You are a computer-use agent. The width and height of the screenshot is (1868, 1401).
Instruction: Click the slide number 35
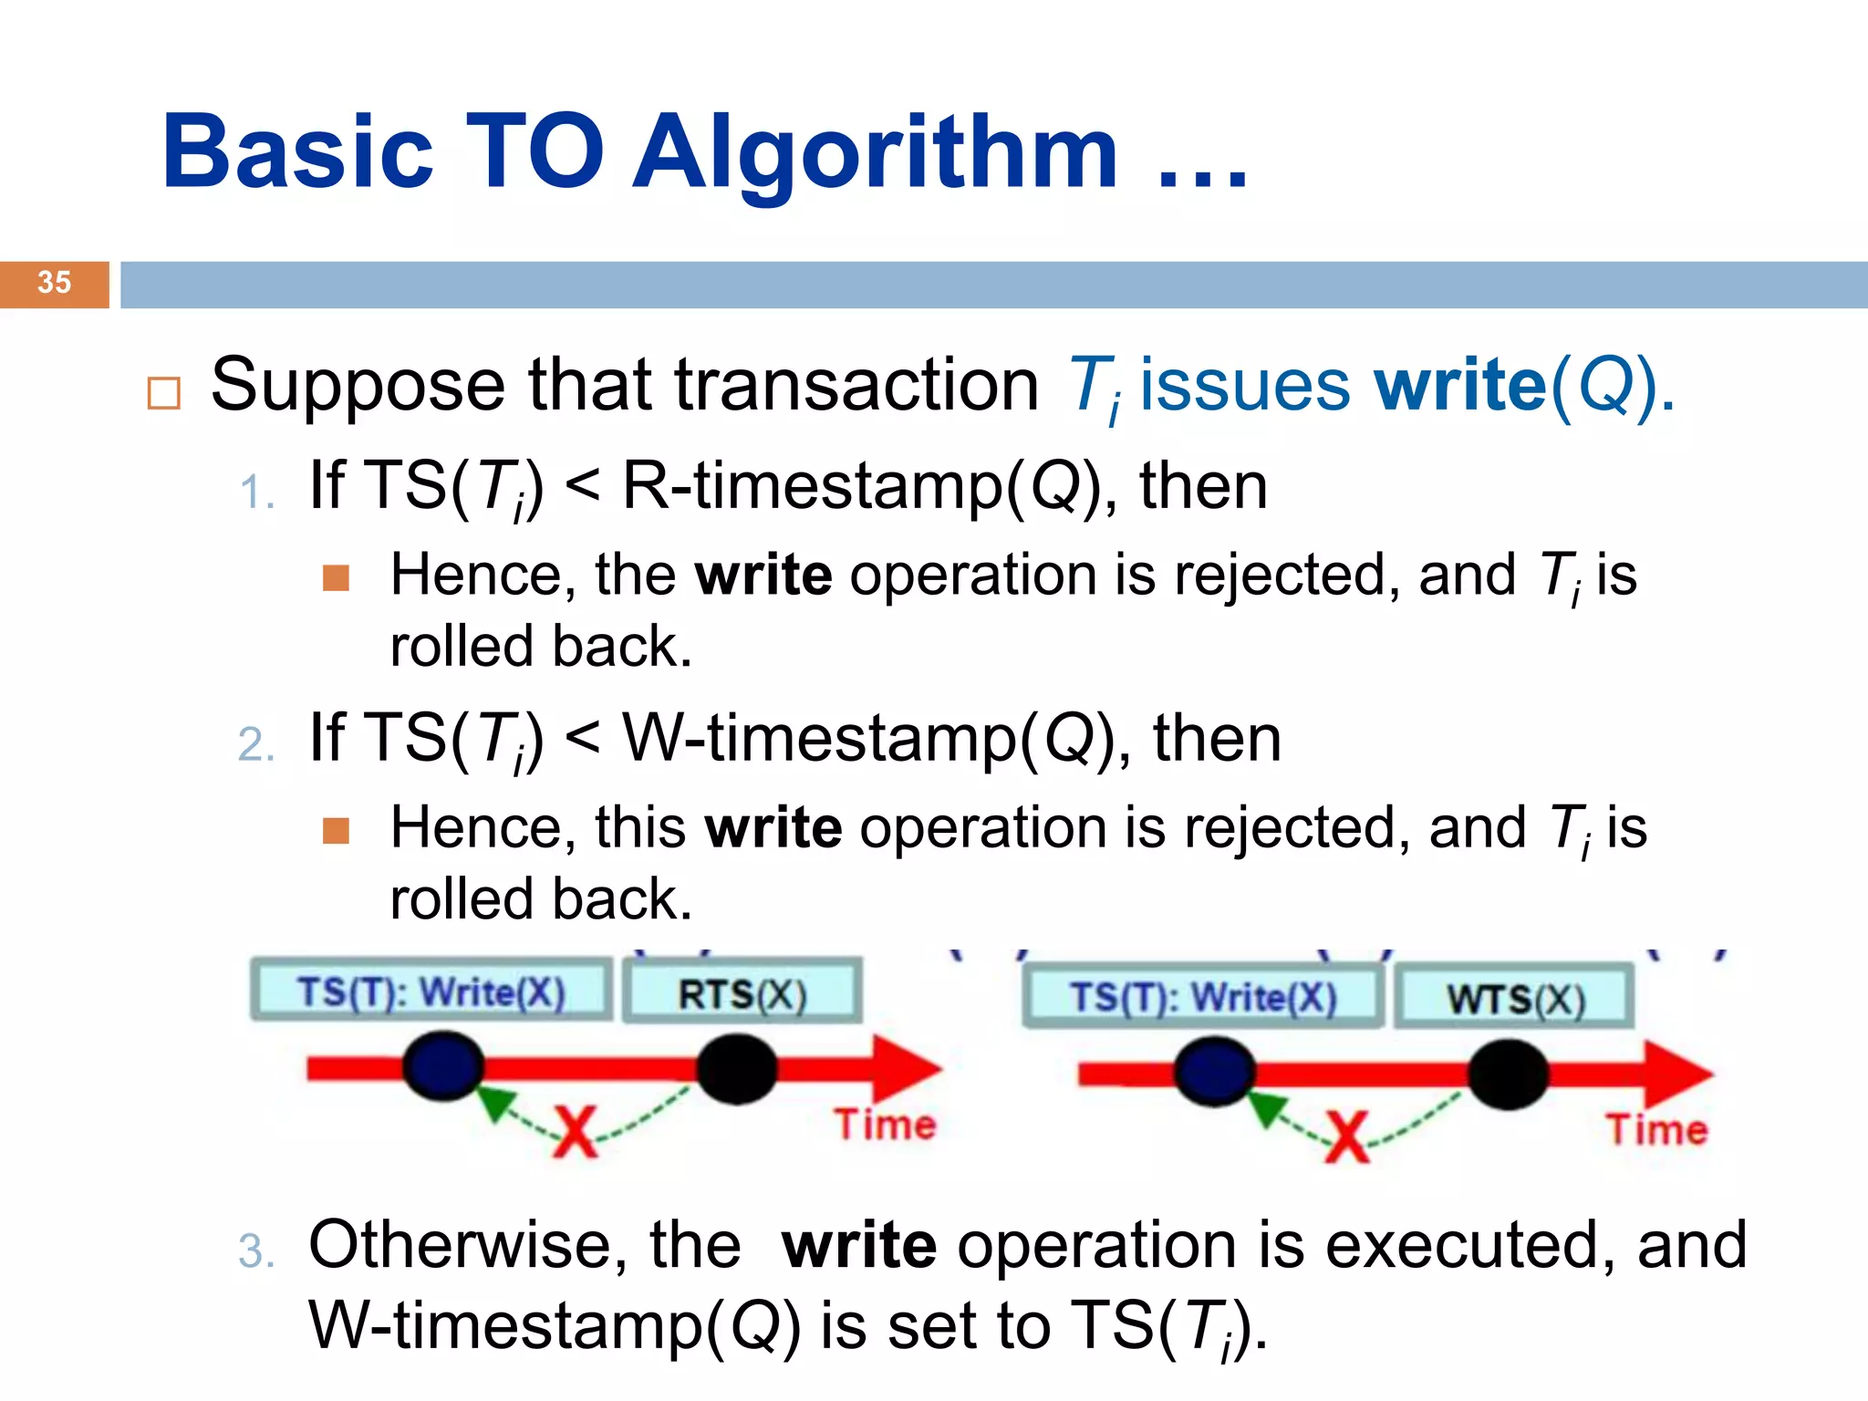54,283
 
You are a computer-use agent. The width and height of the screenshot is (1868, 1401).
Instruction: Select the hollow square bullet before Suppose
164,393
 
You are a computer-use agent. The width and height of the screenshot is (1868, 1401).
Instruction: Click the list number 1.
254,493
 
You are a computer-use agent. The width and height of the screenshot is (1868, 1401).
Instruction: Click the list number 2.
254,745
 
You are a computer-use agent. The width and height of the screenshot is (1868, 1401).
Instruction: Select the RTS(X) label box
742,993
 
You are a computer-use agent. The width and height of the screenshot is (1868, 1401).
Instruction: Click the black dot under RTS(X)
736,1069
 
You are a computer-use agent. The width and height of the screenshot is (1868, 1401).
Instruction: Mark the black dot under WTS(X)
1508,1074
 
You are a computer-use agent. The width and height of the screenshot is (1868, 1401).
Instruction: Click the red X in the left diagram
576,1132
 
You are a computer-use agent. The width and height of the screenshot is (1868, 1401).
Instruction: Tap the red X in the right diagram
1348,1136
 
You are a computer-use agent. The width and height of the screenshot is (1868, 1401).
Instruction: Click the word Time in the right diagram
1657,1129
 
